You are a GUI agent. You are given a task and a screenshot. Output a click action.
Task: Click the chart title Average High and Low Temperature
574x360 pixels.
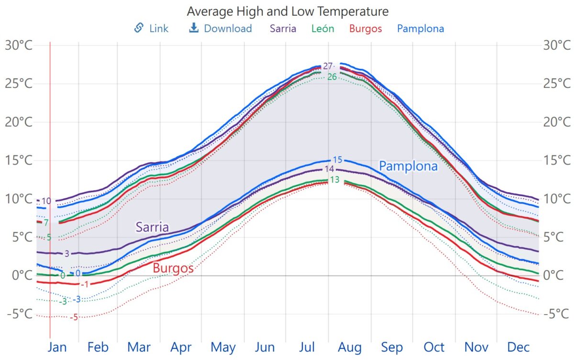[287, 11]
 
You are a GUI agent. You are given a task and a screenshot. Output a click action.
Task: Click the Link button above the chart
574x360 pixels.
[152, 28]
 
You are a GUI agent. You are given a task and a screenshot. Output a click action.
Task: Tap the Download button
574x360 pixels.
[221, 28]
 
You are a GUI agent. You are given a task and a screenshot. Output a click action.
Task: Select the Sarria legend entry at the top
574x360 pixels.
[283, 28]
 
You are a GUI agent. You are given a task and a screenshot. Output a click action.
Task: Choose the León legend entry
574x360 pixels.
[322, 28]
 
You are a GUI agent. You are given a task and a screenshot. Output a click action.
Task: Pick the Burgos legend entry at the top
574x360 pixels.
[365, 28]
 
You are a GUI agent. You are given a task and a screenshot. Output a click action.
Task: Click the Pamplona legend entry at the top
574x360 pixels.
[420, 28]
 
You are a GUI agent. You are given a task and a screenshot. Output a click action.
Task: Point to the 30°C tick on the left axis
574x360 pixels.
[19, 45]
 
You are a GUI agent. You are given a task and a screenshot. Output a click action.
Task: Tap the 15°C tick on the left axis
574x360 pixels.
[19, 160]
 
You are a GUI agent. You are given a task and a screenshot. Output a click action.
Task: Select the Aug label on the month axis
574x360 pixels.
[350, 347]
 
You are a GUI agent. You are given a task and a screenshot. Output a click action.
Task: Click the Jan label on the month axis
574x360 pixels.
[57, 347]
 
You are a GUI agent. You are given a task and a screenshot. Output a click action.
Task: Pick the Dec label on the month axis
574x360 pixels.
[518, 347]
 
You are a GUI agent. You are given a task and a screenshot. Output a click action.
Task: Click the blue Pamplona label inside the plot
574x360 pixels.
[408, 166]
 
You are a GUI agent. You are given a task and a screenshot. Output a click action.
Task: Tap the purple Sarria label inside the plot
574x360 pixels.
[152, 227]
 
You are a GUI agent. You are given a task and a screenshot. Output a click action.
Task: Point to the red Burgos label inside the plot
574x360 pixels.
[173, 268]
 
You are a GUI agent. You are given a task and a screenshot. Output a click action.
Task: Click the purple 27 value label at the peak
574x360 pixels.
[328, 66]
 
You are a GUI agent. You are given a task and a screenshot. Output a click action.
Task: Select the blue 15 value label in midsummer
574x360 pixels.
[338, 160]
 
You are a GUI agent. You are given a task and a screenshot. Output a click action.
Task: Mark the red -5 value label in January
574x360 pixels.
[74, 317]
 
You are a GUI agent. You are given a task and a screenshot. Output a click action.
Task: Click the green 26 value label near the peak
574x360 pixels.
[332, 77]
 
